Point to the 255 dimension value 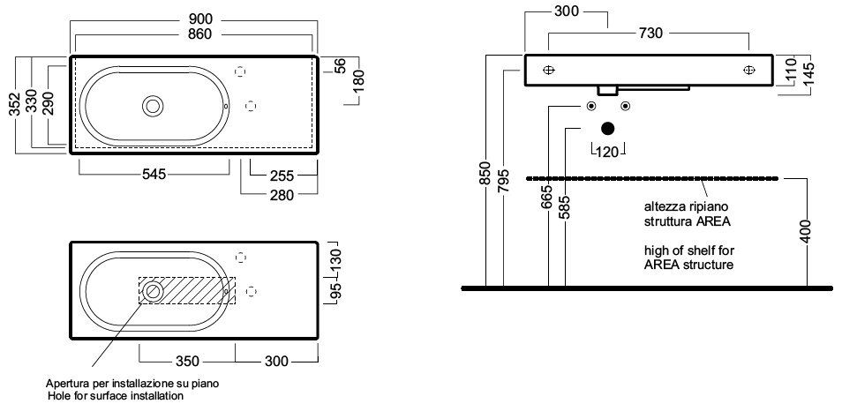(x=282, y=174)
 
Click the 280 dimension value (x=282, y=194)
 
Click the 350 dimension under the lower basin (x=187, y=361)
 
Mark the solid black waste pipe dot (x=606, y=129)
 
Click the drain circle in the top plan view (x=154, y=106)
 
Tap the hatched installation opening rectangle (x=187, y=290)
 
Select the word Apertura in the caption (x=68, y=385)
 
